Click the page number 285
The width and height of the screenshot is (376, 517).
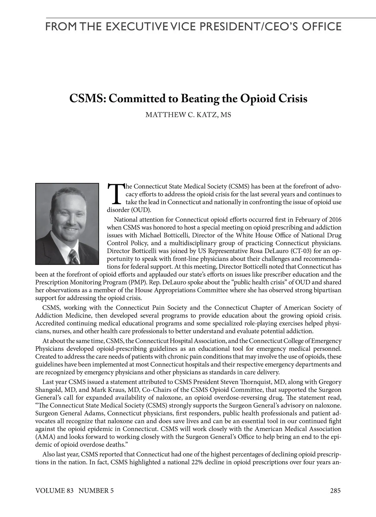(335, 491)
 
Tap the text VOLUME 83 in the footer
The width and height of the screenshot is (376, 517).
(54, 491)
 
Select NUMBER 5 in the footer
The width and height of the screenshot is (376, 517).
(96, 491)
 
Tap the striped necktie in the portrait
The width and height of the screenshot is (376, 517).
(74, 257)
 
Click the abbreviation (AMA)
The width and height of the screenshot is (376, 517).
(45, 437)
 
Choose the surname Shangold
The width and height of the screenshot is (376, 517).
(49, 390)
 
